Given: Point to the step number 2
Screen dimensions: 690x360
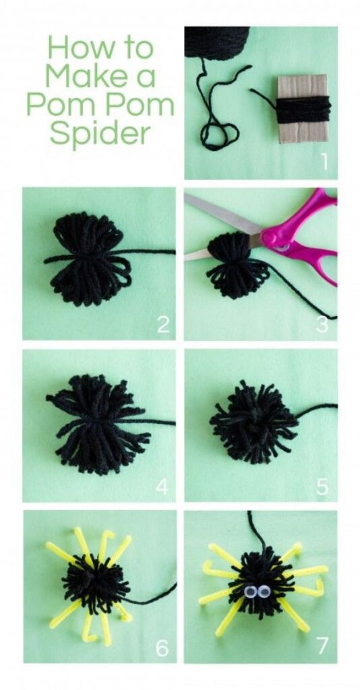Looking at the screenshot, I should tap(163, 325).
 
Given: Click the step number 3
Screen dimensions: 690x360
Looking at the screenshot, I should tap(322, 325).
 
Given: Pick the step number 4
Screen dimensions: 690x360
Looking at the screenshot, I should tap(162, 486).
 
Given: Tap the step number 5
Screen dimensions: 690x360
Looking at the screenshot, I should tap(322, 486).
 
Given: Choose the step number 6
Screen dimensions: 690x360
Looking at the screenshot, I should tap(162, 648).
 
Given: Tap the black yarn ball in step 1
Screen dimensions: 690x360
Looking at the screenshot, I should tap(216, 42).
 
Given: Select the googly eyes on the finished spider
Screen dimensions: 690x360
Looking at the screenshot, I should tap(255, 593).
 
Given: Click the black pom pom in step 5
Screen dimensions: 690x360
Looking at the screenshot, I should tap(254, 422).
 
